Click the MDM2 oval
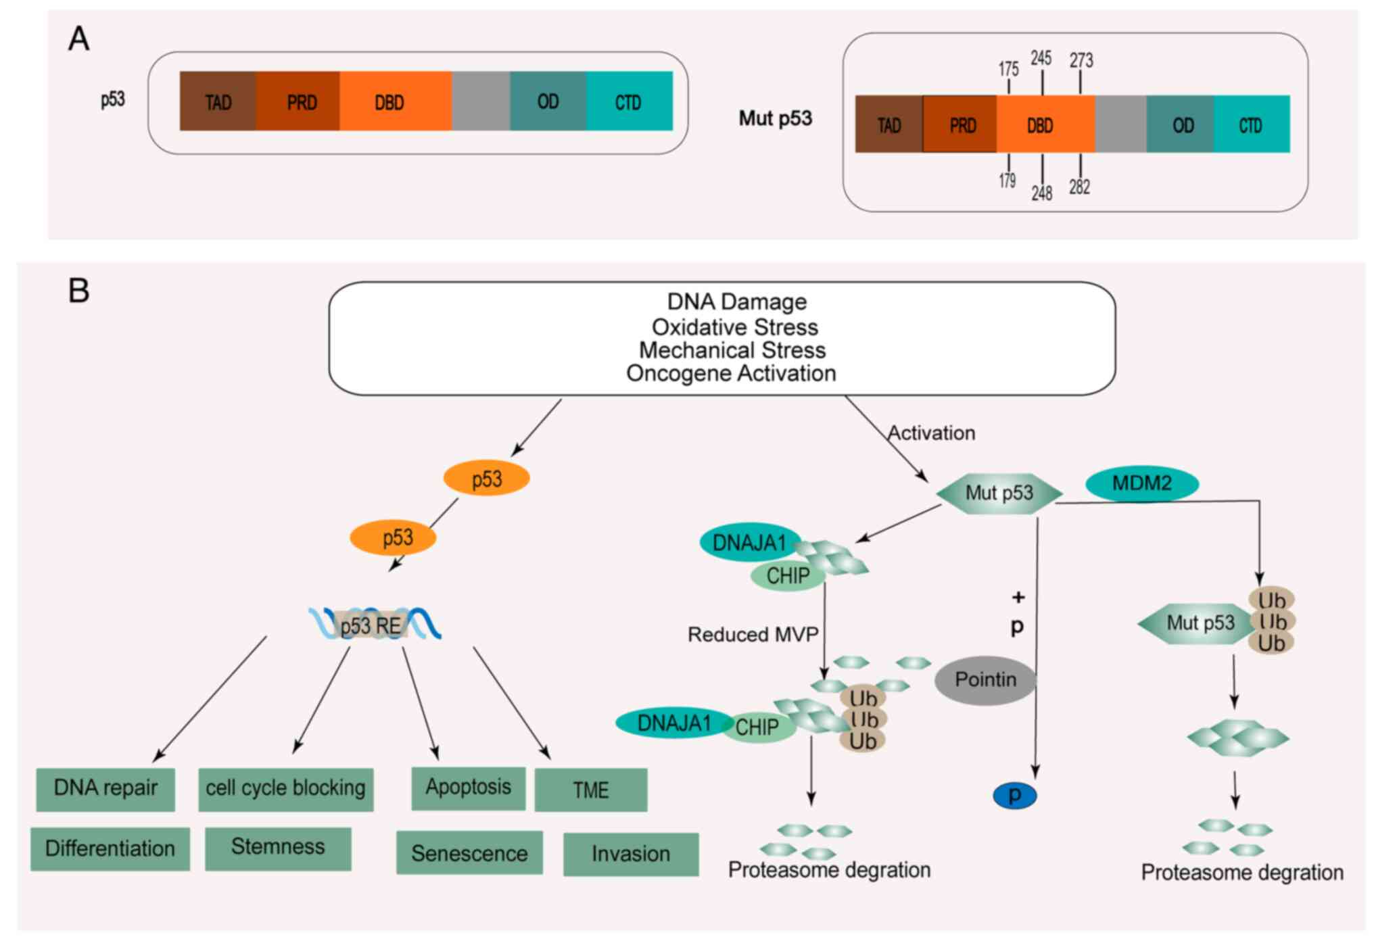tap(1141, 484)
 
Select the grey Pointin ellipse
tap(985, 680)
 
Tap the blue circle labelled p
tap(1014, 796)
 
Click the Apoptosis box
tap(468, 788)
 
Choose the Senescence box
tap(469, 853)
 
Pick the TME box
tap(590, 790)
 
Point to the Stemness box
tap(278, 848)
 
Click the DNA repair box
tap(105, 788)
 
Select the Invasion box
tap(630, 854)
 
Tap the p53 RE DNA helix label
tap(371, 625)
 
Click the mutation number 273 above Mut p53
tap(1081, 61)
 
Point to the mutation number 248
tap(1041, 193)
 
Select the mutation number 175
tap(1008, 69)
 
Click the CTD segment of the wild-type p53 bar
tap(628, 102)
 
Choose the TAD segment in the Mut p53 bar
tap(889, 125)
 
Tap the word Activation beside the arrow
tap(931, 433)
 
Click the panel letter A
tap(78, 39)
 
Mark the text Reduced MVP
tap(753, 634)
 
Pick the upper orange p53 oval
tap(486, 479)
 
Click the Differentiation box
tap(110, 848)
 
